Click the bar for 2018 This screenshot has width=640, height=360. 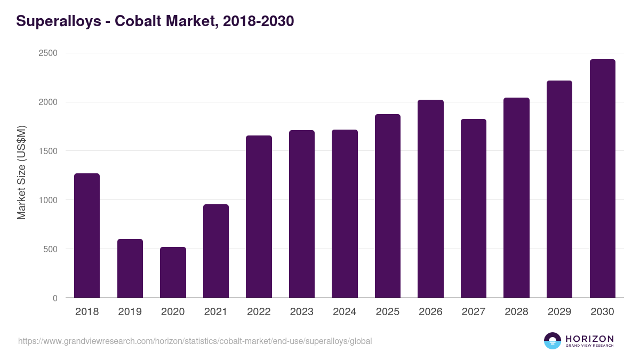click(87, 236)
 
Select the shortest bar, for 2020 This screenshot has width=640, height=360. click(173, 273)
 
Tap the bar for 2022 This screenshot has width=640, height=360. click(259, 217)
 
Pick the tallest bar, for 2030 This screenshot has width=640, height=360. click(602, 179)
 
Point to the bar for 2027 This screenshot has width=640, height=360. click(474, 209)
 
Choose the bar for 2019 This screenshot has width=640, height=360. click(130, 268)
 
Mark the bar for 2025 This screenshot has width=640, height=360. click(388, 206)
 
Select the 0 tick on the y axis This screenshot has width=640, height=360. click(55, 298)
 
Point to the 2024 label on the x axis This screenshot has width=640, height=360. click(345, 312)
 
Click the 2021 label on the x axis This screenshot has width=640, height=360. click(216, 312)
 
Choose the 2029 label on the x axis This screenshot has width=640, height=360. click(559, 312)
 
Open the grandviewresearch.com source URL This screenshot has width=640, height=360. click(195, 341)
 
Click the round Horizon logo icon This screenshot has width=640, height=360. click(553, 341)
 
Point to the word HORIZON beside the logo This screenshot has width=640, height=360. click(589, 339)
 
